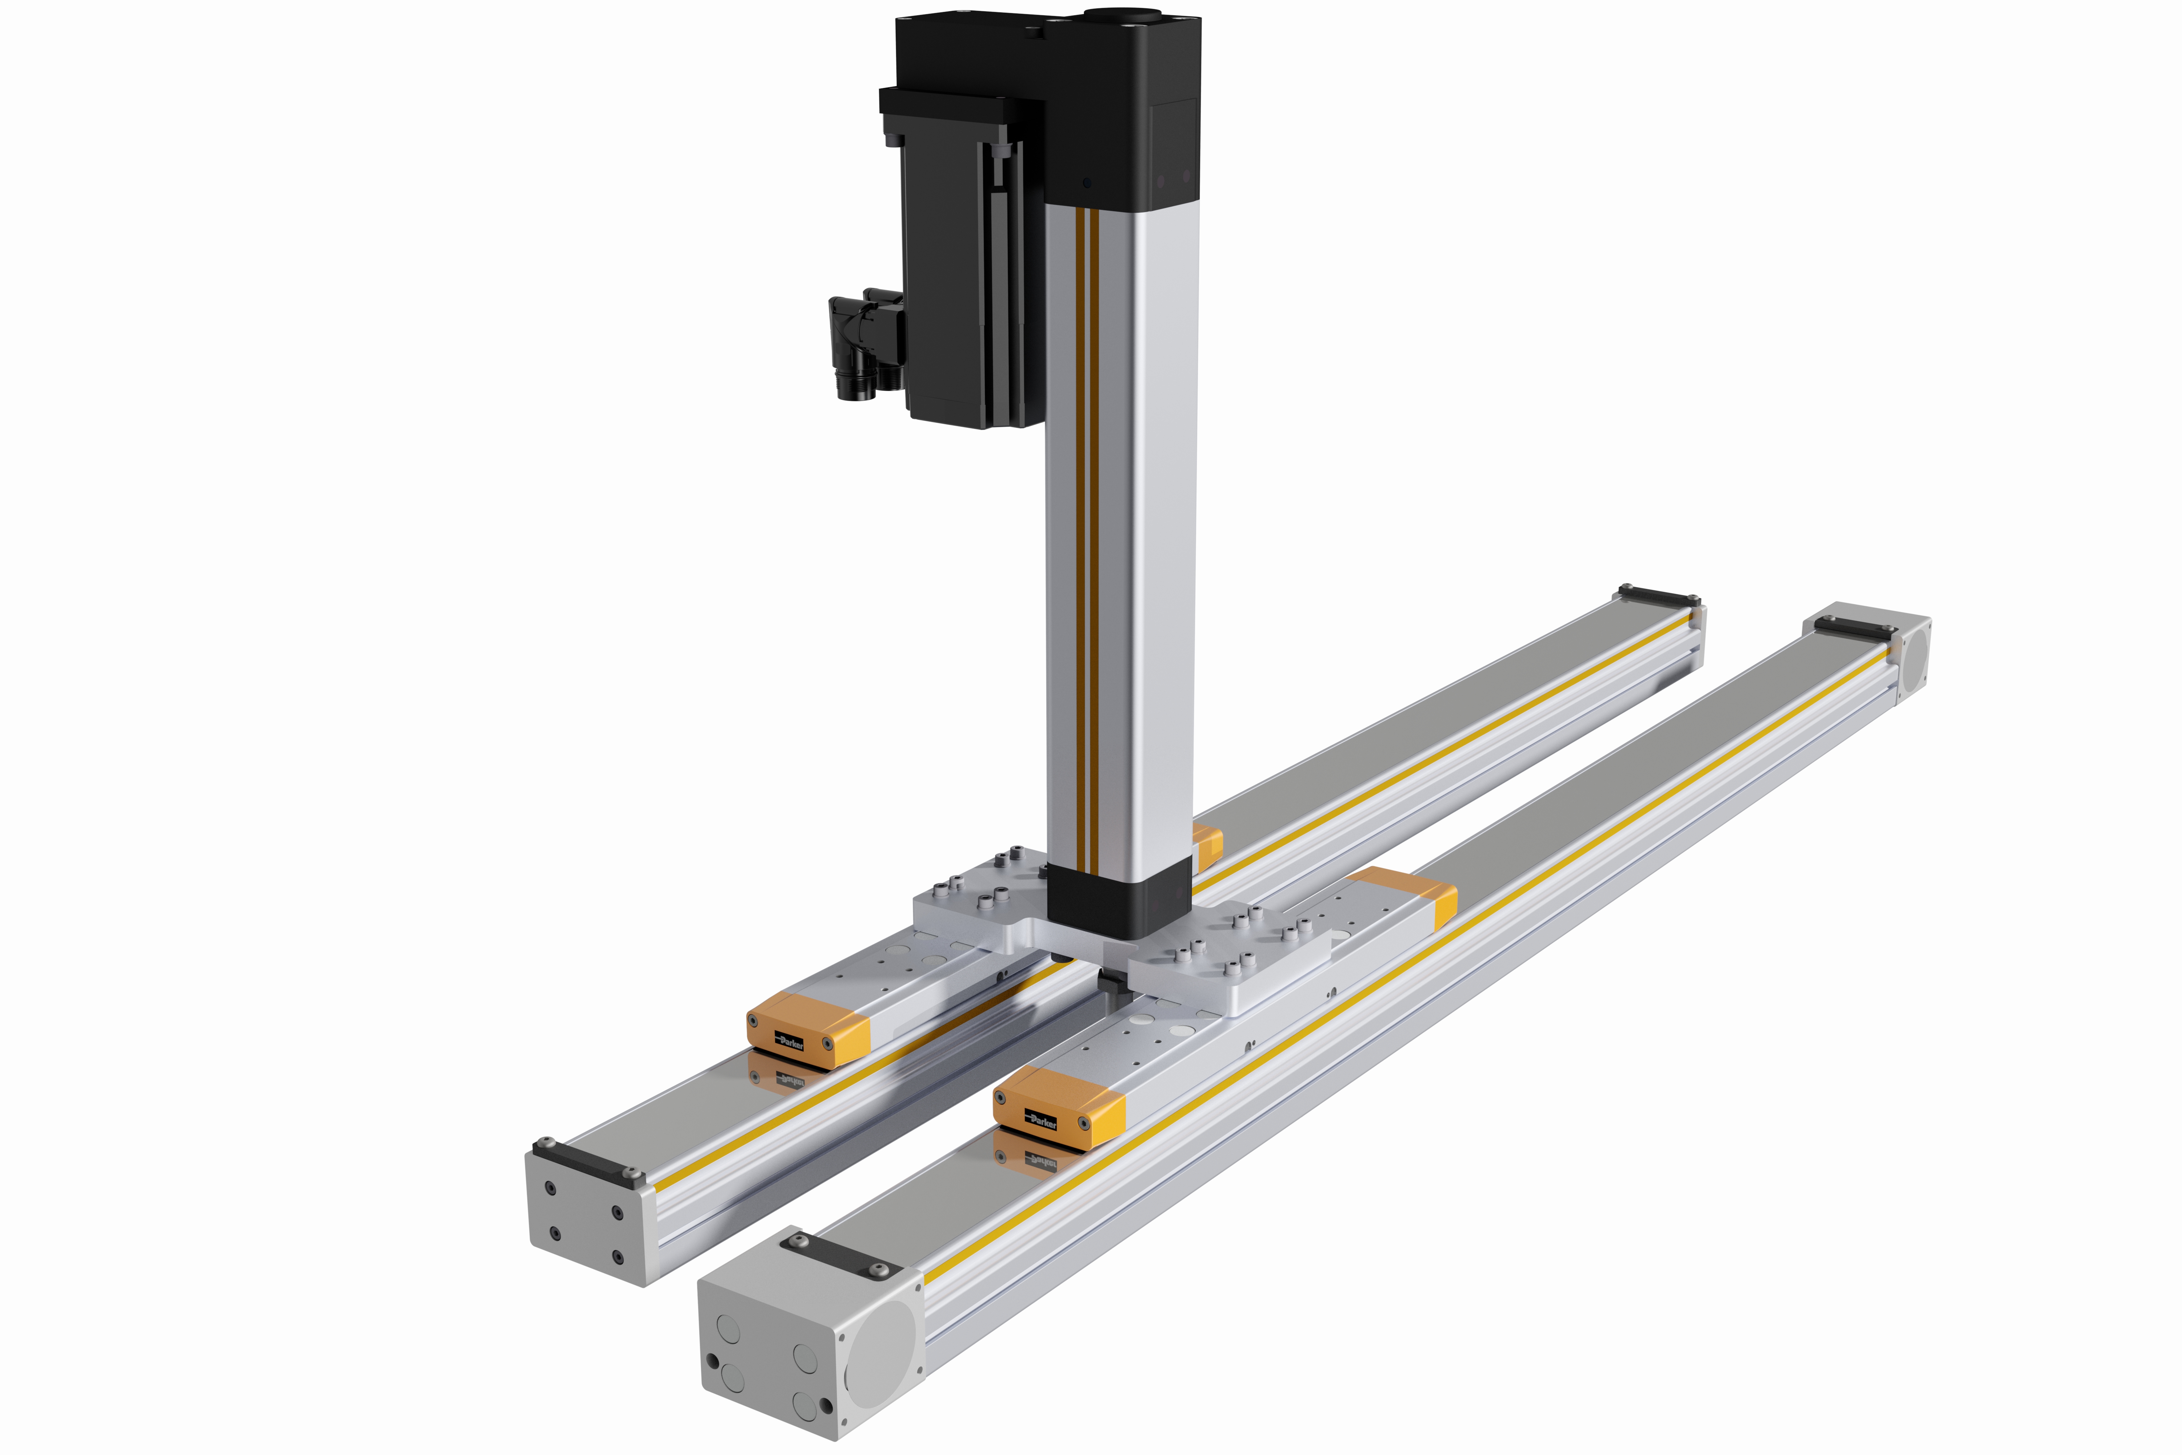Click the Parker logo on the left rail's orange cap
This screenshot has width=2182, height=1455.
[x=790, y=1041]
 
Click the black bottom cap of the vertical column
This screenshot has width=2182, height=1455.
[x=1118, y=898]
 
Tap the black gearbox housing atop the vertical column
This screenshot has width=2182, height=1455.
[x=1123, y=102]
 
